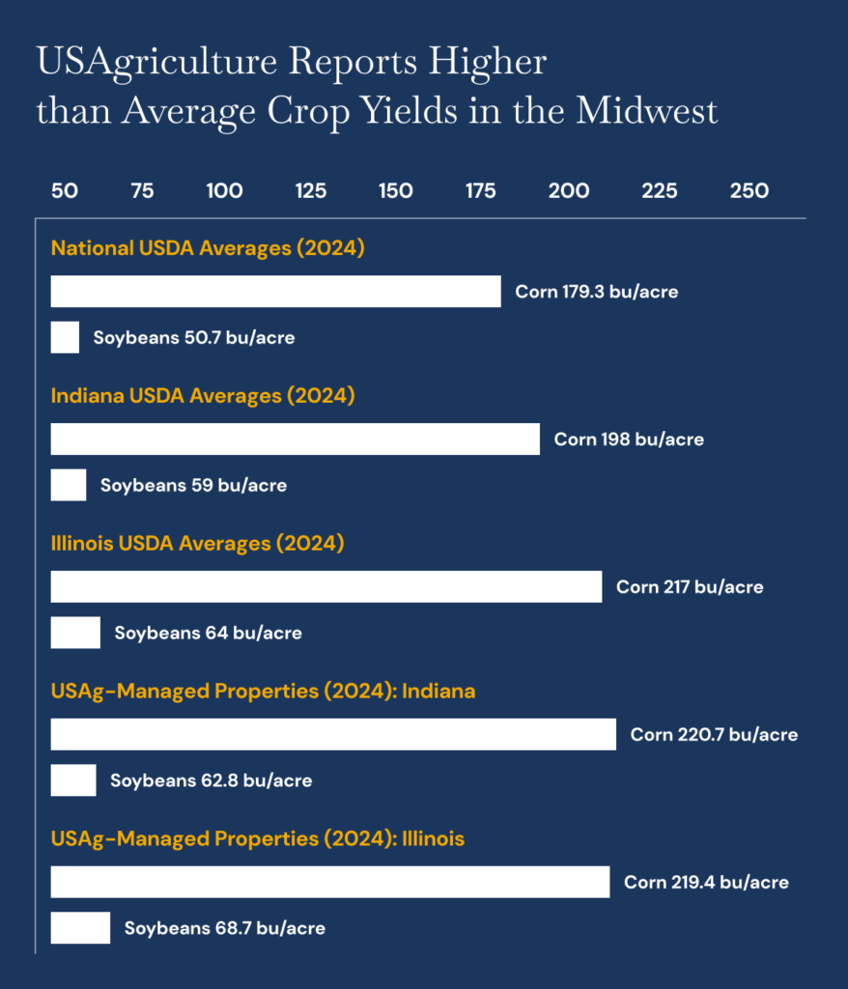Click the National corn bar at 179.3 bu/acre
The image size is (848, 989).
[275, 292]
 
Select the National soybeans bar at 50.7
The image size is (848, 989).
[65, 338]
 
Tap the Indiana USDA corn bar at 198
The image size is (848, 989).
[295, 439]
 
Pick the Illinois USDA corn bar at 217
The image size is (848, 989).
[325, 587]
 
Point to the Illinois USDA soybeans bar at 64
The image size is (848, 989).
[75, 634]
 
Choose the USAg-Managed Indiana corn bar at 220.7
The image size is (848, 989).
[333, 735]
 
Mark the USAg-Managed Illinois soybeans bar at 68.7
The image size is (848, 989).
[80, 928]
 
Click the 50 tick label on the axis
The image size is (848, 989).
[65, 191]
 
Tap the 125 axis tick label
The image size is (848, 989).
[310, 191]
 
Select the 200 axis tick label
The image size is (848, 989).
[569, 191]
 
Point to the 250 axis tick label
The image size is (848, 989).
[749, 191]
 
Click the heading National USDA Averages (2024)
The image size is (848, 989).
[208, 248]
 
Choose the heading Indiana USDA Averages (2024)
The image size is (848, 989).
[203, 396]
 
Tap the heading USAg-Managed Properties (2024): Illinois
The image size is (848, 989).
[258, 838]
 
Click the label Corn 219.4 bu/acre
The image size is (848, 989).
[706, 883]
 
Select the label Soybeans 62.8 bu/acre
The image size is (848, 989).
[211, 780]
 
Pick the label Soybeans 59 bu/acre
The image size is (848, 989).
[193, 486]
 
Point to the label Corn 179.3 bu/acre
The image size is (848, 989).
[597, 292]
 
